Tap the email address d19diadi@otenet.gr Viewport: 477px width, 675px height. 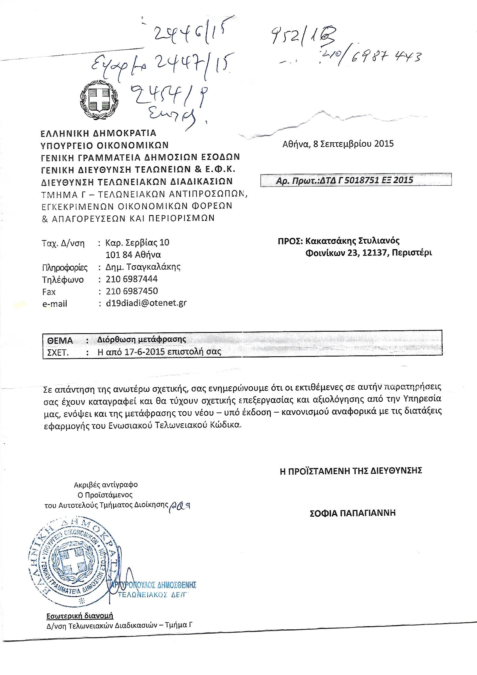pos(146,303)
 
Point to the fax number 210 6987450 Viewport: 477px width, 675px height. pos(132,291)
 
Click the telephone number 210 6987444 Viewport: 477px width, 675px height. pos(132,279)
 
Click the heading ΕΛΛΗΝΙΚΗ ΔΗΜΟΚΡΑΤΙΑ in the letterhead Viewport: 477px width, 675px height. pos(99,133)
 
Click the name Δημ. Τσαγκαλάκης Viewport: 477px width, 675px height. pos(143,267)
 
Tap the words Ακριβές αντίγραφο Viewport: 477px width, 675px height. pos(106,484)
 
